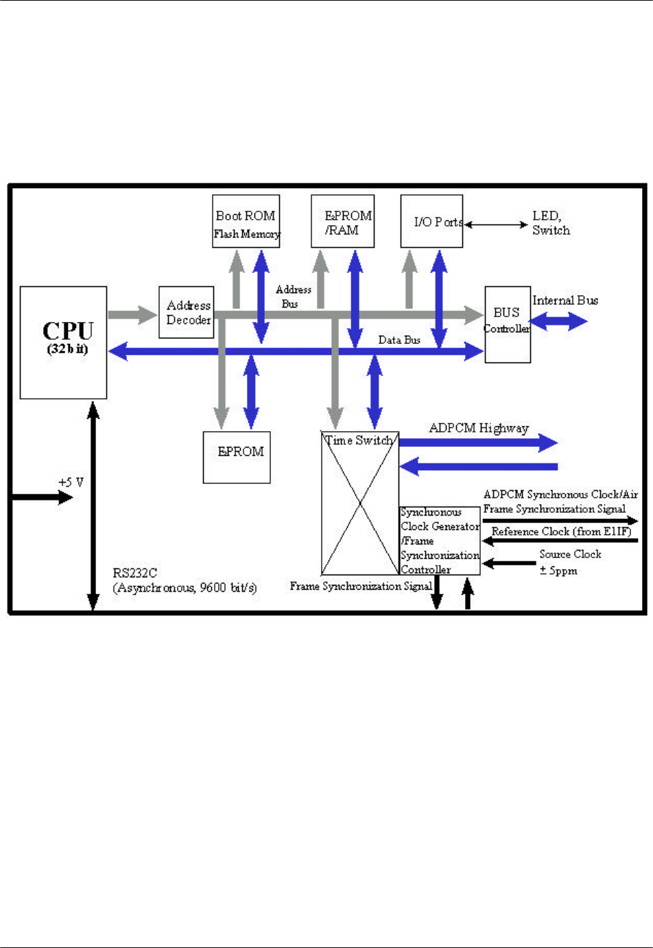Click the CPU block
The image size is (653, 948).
click(x=63, y=342)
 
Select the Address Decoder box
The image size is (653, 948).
click(x=186, y=312)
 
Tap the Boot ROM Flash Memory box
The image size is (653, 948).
click(x=246, y=221)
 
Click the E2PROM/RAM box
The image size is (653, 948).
click(x=342, y=221)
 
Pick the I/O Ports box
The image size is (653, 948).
click(x=431, y=221)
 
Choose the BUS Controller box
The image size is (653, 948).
click(x=507, y=324)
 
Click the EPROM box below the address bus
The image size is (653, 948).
click(x=237, y=457)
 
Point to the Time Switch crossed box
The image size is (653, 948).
click(x=360, y=503)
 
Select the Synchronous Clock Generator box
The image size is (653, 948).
click(x=440, y=541)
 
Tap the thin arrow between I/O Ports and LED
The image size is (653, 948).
click(x=496, y=224)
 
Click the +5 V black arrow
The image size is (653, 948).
click(x=41, y=497)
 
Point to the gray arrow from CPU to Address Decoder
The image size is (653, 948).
click(x=132, y=315)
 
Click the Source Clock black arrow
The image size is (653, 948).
click(x=509, y=564)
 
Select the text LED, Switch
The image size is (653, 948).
click(x=551, y=223)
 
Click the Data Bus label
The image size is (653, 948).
click(x=399, y=340)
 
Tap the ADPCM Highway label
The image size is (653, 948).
click(x=479, y=428)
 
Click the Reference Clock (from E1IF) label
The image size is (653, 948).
click(x=561, y=531)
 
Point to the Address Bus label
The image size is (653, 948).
click(x=293, y=297)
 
